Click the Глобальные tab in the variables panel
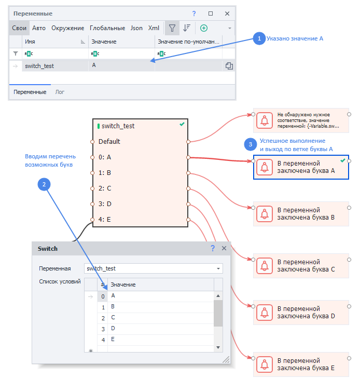[x=107, y=28]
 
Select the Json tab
[x=136, y=28]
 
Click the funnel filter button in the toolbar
[x=172, y=28]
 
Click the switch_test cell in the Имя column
[x=39, y=66]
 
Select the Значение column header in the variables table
[x=104, y=42]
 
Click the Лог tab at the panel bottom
[x=60, y=92]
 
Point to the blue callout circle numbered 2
[x=44, y=183]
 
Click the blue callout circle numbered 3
[x=251, y=144]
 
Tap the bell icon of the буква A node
[x=265, y=167]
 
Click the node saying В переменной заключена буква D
[x=301, y=312]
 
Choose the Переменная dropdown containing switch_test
[x=153, y=268]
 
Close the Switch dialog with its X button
[x=224, y=249]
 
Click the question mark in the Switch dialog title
[x=213, y=249]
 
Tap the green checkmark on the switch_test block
[x=182, y=125]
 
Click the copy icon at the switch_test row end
[x=229, y=66]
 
